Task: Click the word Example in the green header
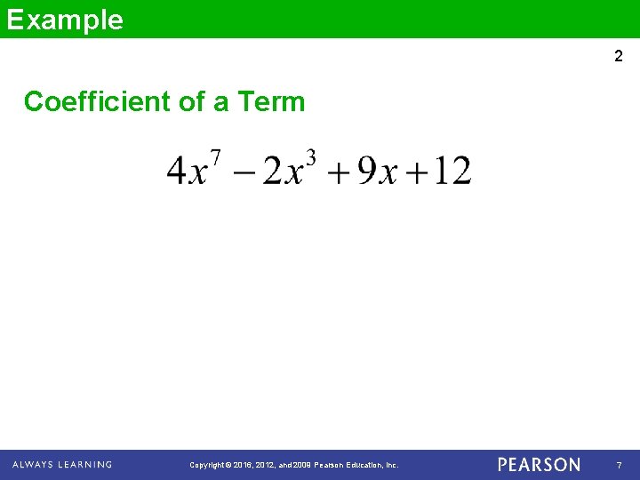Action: (65, 20)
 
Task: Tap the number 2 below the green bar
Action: (619, 57)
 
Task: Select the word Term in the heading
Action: (271, 102)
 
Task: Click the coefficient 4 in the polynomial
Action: (176, 171)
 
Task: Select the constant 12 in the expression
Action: (454, 171)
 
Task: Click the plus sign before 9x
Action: (338, 172)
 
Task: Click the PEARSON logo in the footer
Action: (539, 465)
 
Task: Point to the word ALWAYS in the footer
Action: (33, 465)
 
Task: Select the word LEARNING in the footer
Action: (85, 465)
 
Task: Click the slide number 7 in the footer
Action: (619, 465)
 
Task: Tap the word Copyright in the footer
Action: (209, 465)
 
